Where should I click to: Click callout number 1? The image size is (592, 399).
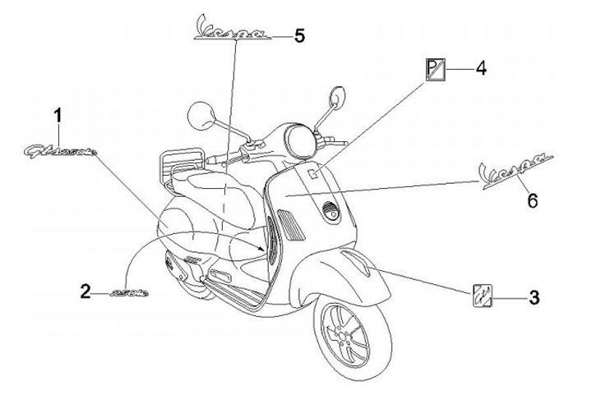point(58,115)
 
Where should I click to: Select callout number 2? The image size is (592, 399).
point(86,290)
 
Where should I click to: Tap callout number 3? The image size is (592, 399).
point(534,297)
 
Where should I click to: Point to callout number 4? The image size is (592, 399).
point(482,69)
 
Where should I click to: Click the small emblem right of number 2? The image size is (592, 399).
point(127,291)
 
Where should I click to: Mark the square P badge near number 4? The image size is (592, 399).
point(435,70)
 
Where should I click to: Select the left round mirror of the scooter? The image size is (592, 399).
point(201,115)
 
